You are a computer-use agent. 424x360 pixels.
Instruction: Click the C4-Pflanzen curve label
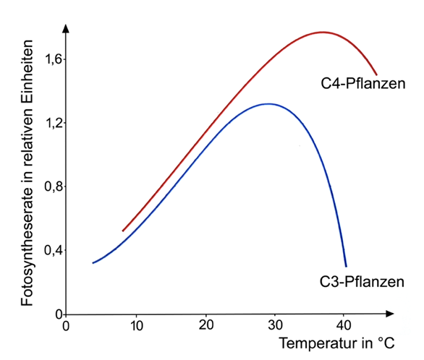363,83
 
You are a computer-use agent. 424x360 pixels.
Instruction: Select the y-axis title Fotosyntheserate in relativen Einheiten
26,172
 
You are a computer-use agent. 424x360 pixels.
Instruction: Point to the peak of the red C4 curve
323,32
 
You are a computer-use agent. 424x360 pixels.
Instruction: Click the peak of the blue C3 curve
268,103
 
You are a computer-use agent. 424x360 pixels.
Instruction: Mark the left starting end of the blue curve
93,262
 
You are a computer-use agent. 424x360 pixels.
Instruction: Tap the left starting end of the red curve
123,231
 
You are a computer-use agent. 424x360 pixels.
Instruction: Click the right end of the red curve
376,74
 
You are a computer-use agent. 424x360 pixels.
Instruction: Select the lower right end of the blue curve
346,265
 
